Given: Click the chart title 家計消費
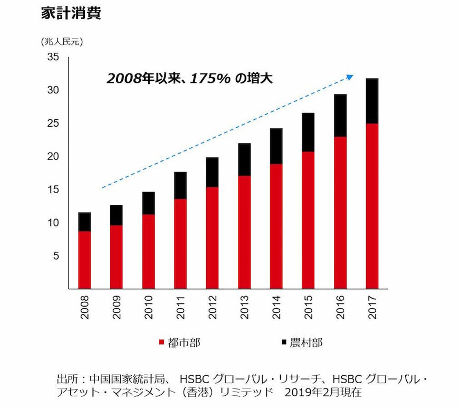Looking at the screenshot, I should [x=71, y=14].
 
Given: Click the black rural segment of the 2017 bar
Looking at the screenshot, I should [x=372, y=101].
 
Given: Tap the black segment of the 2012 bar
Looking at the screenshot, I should [x=213, y=172].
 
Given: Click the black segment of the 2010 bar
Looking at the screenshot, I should [x=149, y=203].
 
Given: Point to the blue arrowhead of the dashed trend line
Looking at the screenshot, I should [x=349, y=77].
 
